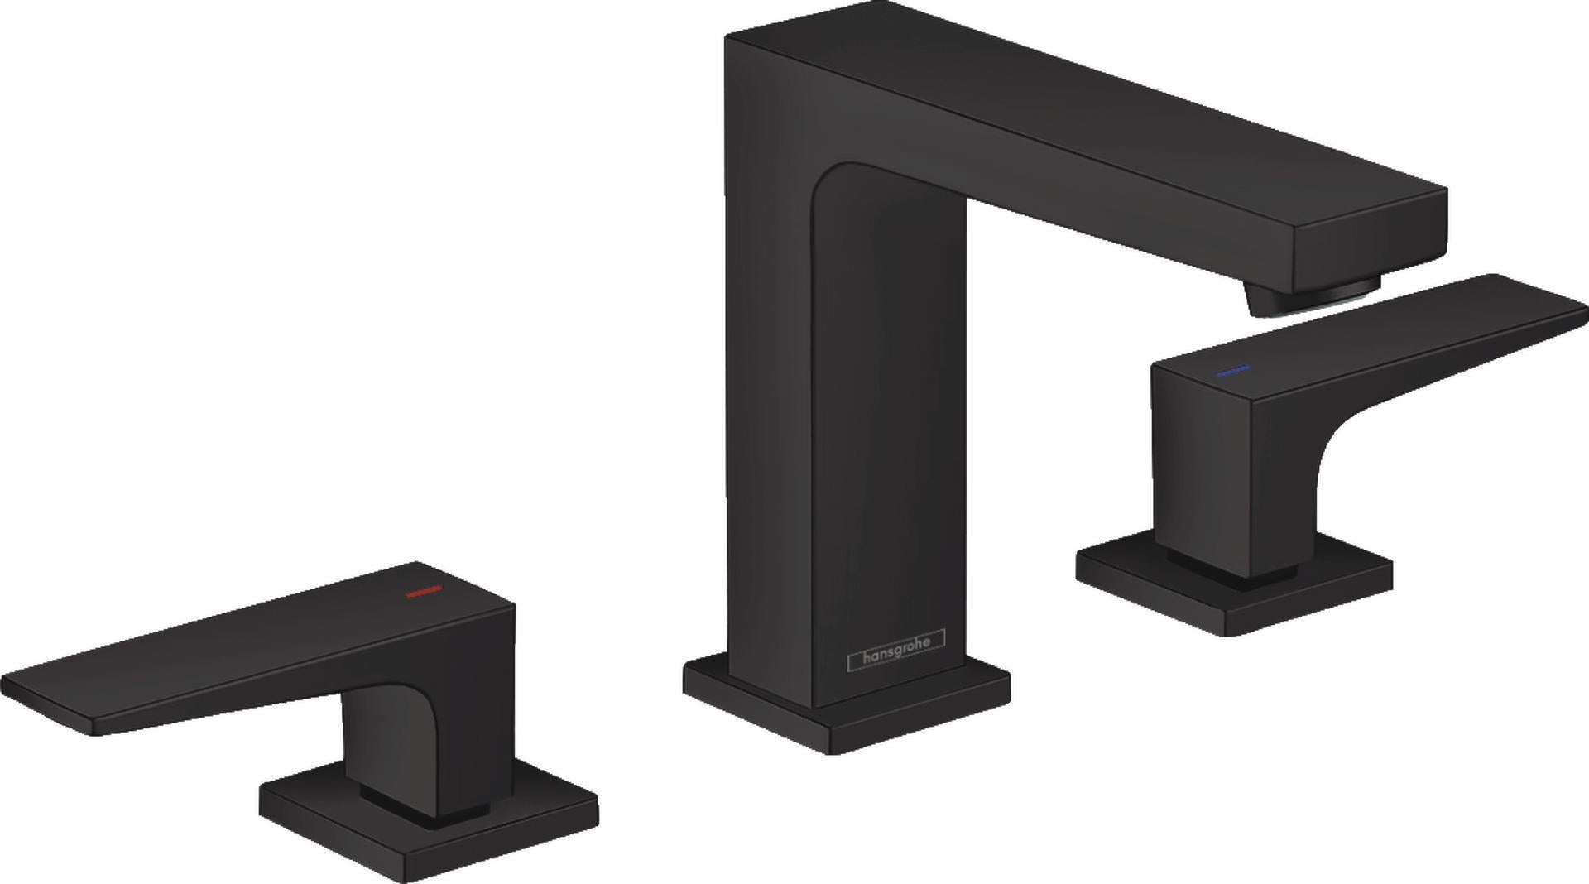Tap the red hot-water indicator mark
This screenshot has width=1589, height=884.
(x=423, y=592)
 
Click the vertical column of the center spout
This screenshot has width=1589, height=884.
(x=844, y=414)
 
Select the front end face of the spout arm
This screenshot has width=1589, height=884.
(x=1370, y=240)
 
